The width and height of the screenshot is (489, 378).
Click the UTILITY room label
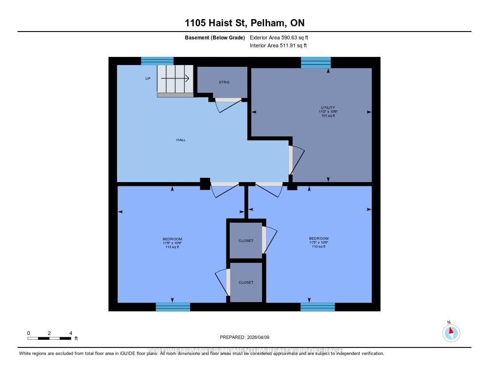click(x=328, y=108)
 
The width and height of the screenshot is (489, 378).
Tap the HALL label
click(x=181, y=140)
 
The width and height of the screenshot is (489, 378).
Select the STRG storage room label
click(x=224, y=82)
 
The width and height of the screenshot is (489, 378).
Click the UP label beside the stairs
click(x=148, y=78)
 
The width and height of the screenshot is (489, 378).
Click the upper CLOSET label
click(x=246, y=241)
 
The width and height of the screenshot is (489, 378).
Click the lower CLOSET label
click(x=246, y=282)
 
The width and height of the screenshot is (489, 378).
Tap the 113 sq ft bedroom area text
click(x=172, y=247)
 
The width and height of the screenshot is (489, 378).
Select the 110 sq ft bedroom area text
click(x=319, y=247)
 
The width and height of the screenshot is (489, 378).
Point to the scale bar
click(x=50, y=338)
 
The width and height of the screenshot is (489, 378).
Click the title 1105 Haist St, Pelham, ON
click(x=244, y=23)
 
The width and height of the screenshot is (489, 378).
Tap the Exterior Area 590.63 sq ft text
click(x=282, y=37)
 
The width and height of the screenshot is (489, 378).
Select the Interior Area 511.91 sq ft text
click(x=278, y=46)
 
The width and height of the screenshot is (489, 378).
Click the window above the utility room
click(x=316, y=62)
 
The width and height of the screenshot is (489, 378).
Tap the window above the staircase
click(x=157, y=61)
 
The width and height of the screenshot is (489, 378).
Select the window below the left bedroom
click(x=173, y=307)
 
